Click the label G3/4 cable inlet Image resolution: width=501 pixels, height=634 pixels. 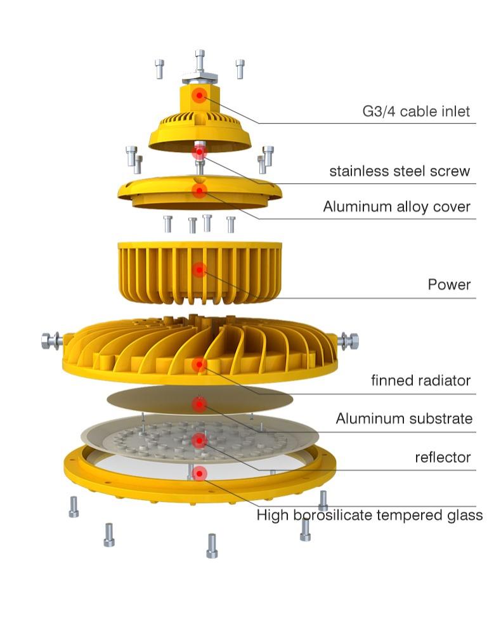416,111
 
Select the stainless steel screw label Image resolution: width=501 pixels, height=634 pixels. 400,171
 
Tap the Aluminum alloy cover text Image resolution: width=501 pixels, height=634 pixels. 396,207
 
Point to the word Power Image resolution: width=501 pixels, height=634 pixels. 449,285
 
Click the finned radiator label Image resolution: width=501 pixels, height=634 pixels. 420,380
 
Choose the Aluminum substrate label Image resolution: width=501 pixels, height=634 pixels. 404,418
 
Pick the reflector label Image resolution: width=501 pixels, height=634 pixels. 443,457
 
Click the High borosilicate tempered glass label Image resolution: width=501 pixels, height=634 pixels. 370,515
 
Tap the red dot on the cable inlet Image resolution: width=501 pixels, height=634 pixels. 199,96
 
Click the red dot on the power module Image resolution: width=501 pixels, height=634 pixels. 199,269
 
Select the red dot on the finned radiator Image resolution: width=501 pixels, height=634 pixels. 199,365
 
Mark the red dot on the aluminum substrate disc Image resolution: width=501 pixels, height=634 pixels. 199,404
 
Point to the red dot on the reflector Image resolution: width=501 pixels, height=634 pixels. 199,441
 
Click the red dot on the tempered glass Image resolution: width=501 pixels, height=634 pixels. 199,473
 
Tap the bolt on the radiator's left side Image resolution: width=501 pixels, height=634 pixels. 52,341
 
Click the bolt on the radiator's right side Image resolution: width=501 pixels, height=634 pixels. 348,341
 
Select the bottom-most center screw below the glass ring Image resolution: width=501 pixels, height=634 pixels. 212,546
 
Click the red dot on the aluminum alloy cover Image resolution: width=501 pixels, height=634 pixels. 199,190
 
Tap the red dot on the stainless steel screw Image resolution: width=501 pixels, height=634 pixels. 199,152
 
